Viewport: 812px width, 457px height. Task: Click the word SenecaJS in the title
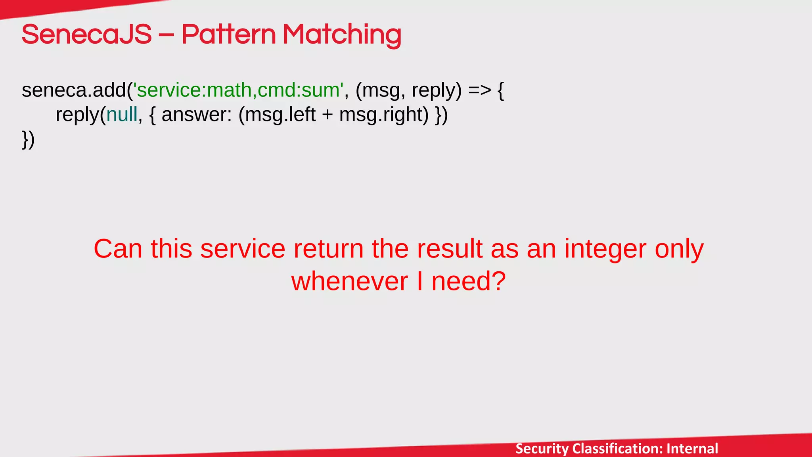point(86,35)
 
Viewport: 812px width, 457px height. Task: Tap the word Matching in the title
point(341,35)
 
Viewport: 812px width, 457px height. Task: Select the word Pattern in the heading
point(228,35)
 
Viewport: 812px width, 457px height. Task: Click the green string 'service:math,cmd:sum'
point(238,90)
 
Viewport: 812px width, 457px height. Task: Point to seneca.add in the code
point(74,90)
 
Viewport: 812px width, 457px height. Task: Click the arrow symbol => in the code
point(479,90)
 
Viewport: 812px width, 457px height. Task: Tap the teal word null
point(122,115)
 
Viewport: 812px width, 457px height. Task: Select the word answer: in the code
point(197,115)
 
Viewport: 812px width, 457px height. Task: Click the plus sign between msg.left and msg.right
point(327,115)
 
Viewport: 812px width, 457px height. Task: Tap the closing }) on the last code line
point(28,140)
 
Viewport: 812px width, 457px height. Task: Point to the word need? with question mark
point(468,281)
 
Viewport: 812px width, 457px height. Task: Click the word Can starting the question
point(118,249)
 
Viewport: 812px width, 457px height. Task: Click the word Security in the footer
point(542,449)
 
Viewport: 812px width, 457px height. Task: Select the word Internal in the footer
point(692,449)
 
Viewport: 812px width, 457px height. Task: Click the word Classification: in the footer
point(618,449)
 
